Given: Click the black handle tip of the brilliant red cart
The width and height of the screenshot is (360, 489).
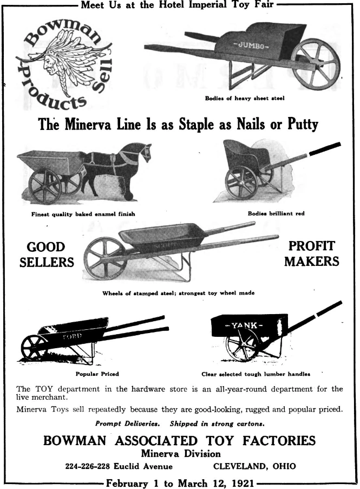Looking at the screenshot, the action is click(x=325, y=148).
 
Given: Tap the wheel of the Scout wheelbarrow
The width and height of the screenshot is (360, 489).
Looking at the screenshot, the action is click(x=104, y=258).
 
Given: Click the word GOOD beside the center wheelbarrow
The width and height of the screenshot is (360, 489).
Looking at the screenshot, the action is click(x=46, y=247).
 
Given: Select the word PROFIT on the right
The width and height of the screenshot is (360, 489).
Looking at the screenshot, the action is click(x=312, y=246).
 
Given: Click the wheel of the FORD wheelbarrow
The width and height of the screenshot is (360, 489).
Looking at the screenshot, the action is click(x=34, y=348).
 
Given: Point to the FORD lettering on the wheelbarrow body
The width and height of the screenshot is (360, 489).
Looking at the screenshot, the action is click(x=72, y=336).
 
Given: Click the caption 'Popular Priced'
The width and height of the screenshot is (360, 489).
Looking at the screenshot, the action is click(x=97, y=374).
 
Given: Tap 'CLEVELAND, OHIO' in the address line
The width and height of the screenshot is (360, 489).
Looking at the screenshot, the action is click(x=254, y=466).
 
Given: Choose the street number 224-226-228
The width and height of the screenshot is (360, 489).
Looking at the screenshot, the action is click(x=88, y=466).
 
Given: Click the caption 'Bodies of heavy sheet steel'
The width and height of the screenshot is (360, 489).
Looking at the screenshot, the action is click(x=245, y=98).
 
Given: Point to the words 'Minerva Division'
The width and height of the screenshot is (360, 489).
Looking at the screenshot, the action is click(x=181, y=453).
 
